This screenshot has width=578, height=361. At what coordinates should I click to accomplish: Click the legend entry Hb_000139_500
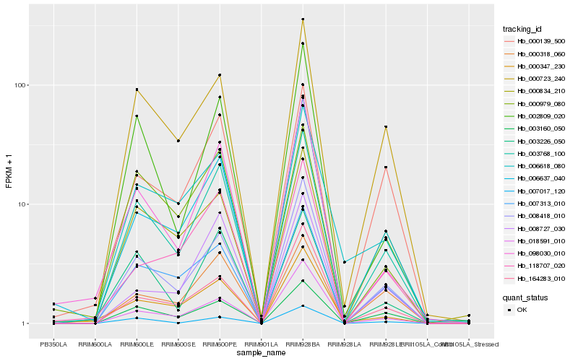click(x=536, y=41)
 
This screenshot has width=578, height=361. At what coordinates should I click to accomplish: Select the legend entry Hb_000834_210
click(x=536, y=91)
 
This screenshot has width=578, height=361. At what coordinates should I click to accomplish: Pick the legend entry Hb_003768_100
click(x=536, y=153)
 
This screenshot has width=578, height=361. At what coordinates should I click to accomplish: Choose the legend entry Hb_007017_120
click(x=536, y=191)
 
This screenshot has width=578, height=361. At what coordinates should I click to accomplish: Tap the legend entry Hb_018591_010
click(x=536, y=240)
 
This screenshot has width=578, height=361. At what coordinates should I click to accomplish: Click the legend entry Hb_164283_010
click(x=536, y=278)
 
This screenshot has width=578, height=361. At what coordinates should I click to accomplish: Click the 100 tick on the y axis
click(x=20, y=85)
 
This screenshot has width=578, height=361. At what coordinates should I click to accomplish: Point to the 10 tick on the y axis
click(x=22, y=204)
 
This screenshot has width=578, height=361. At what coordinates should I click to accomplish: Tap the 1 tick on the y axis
click(x=24, y=323)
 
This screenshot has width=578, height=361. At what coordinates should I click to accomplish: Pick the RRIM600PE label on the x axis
click(x=220, y=344)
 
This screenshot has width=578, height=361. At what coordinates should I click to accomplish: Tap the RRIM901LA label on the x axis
click(x=262, y=344)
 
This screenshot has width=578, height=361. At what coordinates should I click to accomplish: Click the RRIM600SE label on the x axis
click(x=178, y=344)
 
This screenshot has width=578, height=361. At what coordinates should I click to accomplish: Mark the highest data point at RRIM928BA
click(x=303, y=19)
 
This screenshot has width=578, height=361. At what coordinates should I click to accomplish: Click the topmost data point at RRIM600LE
click(x=137, y=90)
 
